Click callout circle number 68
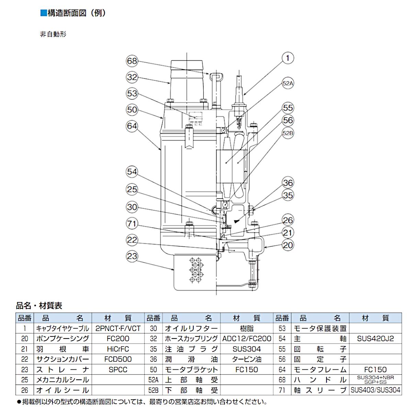(x=132, y=61)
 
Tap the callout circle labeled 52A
(x=288, y=83)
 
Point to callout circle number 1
(x=287, y=58)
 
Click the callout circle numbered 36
(x=288, y=183)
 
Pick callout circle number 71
(x=132, y=224)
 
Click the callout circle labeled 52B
(x=288, y=133)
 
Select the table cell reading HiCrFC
(x=118, y=349)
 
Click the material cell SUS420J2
(x=375, y=339)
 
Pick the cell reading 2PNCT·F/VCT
(x=118, y=328)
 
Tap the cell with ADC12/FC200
(x=247, y=339)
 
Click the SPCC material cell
(x=118, y=369)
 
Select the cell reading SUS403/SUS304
(x=375, y=390)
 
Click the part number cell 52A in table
(x=153, y=380)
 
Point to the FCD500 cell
(x=118, y=359)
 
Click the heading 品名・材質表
(x=39, y=305)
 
